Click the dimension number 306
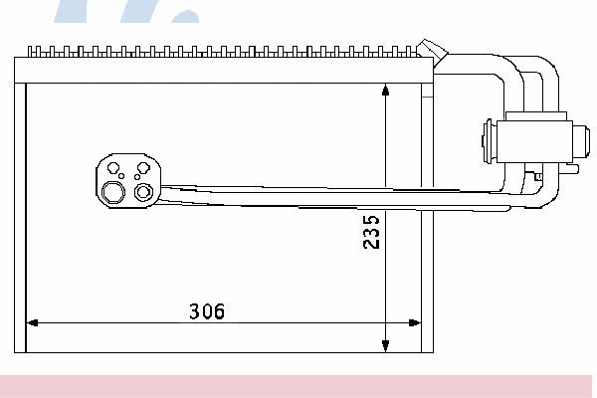point(207,311)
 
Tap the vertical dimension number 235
point(371,232)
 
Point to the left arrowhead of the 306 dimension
point(33,323)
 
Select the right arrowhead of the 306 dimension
point(414,323)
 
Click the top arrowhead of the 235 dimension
point(385,90)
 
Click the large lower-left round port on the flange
point(113,192)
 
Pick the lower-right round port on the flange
point(143,192)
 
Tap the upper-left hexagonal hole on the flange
point(113,167)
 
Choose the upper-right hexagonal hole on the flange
point(143,167)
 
